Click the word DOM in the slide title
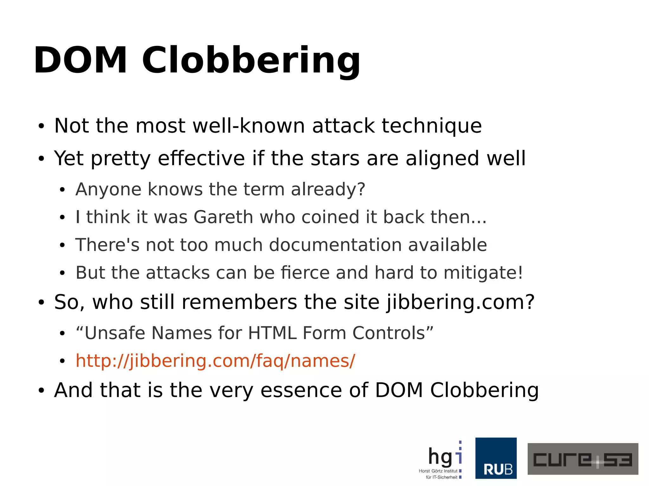[80, 60]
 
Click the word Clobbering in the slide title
[251, 60]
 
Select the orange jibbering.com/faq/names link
[215, 361]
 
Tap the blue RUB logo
[496, 458]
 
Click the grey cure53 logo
[582, 459]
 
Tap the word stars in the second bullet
[335, 158]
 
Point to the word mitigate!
[483, 273]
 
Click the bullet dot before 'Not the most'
[41, 126]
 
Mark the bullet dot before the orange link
[62, 361]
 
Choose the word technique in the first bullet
[432, 126]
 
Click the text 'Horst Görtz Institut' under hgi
[438, 471]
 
